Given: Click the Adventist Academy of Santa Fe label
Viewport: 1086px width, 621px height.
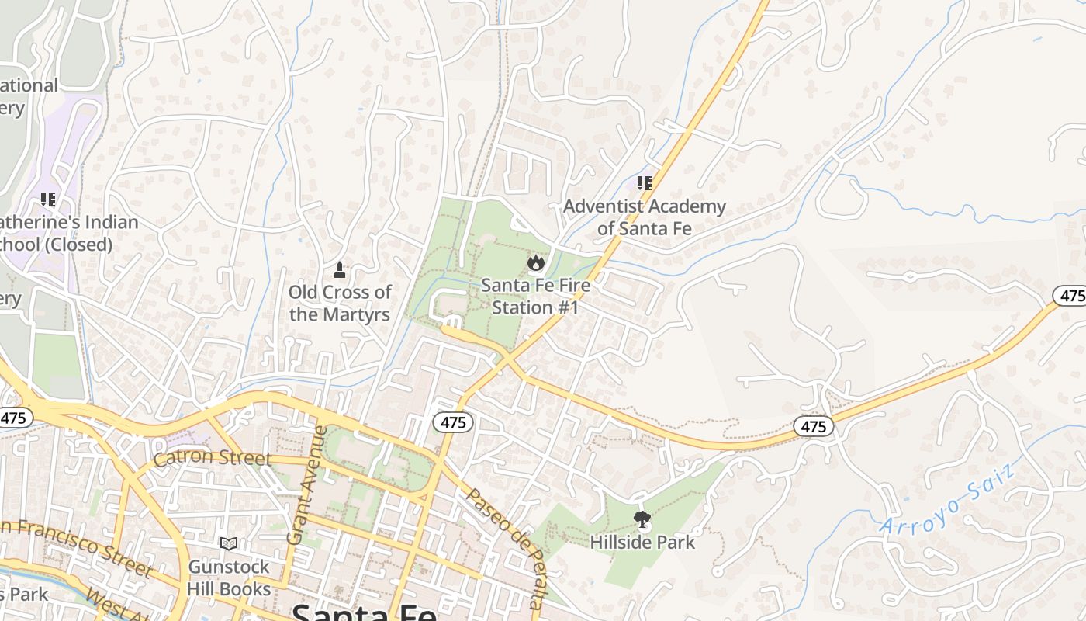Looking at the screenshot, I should (x=645, y=217).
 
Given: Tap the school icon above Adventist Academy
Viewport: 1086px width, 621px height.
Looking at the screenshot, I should (x=645, y=183).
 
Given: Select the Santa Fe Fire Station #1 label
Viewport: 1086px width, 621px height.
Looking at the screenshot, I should (x=535, y=296).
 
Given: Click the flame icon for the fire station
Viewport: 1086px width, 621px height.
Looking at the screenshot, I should (x=535, y=263).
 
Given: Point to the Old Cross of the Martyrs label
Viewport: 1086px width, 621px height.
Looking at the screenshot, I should (x=340, y=303).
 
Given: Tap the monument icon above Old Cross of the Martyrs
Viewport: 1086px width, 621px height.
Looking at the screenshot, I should (x=339, y=270).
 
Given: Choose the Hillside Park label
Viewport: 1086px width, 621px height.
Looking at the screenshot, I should (x=643, y=541).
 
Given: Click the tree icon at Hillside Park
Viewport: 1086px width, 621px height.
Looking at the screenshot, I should (x=642, y=519).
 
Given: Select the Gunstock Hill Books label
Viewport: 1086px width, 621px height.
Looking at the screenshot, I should (x=229, y=578).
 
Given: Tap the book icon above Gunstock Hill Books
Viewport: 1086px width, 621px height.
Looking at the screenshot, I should (x=229, y=543).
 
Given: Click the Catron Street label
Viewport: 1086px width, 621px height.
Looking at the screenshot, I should (x=213, y=458).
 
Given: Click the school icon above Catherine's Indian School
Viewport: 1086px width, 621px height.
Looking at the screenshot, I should (x=49, y=199).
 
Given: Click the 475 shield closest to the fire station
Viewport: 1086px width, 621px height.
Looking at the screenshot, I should (x=452, y=422).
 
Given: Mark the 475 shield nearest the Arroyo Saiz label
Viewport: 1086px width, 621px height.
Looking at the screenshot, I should (x=813, y=426).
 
